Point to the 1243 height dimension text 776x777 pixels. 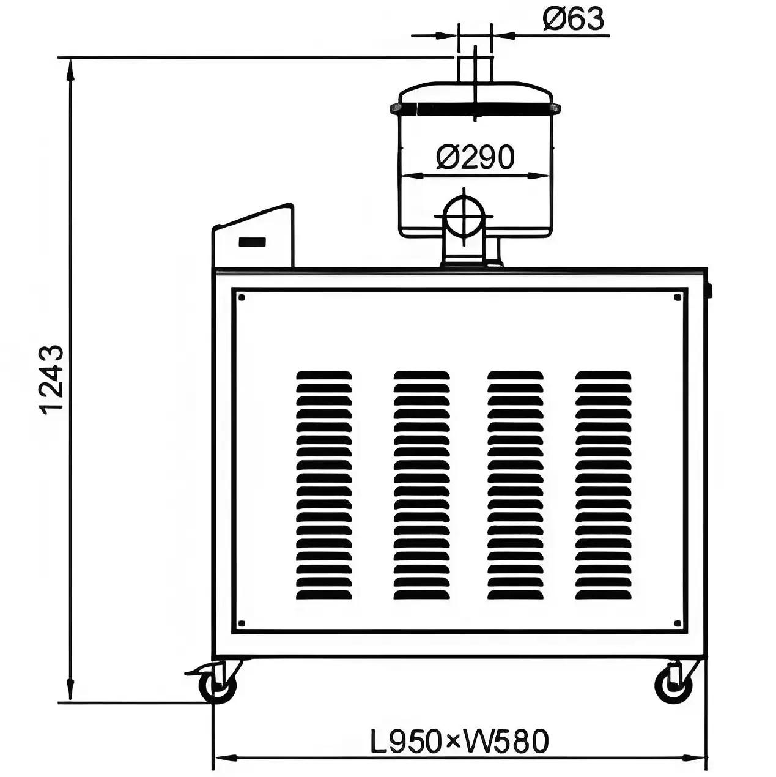[52, 378]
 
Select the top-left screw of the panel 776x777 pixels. [242, 297]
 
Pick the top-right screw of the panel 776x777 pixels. [678, 297]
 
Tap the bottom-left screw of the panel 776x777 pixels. [242, 623]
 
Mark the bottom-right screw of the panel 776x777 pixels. [678, 623]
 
